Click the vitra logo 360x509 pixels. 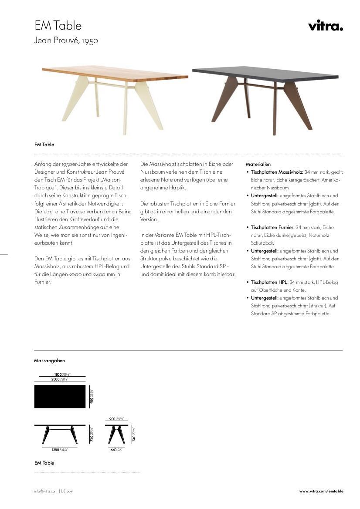point(325,26)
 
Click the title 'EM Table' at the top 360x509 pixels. point(58,26)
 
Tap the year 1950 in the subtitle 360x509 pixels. point(90,41)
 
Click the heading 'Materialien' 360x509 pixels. point(258,164)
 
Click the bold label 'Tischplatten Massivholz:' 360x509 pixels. point(277,172)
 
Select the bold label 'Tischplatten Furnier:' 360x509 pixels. point(272,227)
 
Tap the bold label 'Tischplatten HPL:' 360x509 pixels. point(269,282)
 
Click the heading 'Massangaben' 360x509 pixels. point(49,361)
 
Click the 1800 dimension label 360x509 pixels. point(58,374)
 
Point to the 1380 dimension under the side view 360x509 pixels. point(55,449)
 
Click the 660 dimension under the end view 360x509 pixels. point(113,449)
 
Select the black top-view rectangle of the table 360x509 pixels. point(60,396)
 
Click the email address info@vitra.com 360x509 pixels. point(46,491)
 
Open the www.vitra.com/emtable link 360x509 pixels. point(321,491)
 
